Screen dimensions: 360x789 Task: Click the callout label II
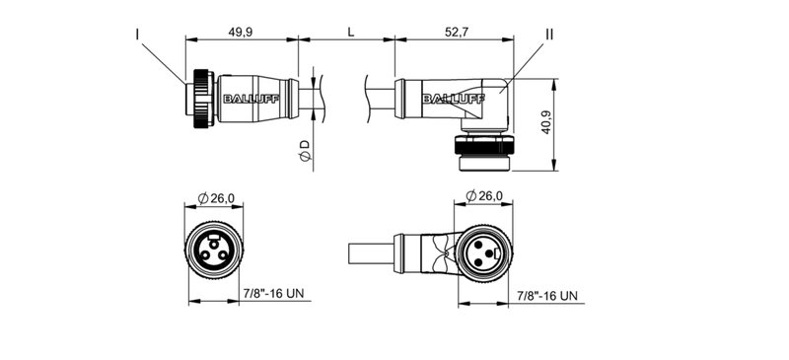[x=549, y=35]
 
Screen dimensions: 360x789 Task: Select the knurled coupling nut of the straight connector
[x=202, y=98]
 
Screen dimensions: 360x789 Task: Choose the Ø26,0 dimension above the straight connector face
[x=216, y=198]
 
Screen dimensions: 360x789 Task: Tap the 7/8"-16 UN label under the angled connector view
[x=548, y=295]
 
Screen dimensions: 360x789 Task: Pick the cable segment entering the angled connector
[x=379, y=95]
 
